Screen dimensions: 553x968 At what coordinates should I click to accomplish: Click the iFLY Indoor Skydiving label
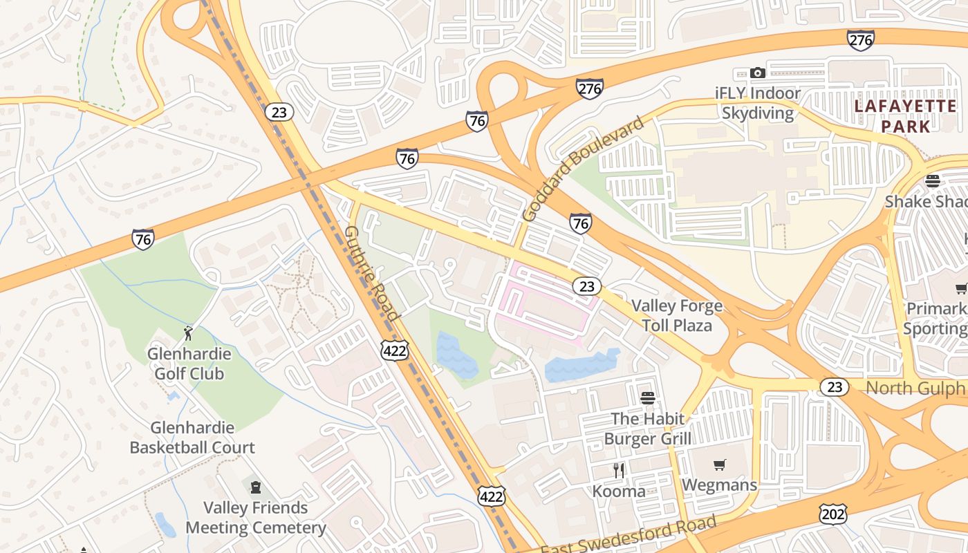coord(758,103)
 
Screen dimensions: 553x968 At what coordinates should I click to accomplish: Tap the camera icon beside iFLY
coord(758,73)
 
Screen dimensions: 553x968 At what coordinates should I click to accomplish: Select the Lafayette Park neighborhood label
coord(906,116)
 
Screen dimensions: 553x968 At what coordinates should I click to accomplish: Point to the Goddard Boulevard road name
coord(583,169)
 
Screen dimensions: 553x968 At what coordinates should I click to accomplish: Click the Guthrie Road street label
coord(372,273)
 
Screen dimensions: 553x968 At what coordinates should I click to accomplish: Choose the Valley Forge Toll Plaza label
coord(677,315)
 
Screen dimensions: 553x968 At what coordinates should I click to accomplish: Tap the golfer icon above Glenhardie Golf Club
coord(188,333)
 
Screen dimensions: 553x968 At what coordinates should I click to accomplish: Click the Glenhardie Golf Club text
coord(188,364)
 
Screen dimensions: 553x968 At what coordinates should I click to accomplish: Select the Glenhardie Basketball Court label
coord(192,438)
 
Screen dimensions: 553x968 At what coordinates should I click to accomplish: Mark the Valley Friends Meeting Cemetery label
coord(255,518)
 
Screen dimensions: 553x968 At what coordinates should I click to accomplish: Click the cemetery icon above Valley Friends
coord(255,487)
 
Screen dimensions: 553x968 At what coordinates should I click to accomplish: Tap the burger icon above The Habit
coord(648,398)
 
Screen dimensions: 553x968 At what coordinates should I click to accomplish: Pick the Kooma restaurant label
coord(619,491)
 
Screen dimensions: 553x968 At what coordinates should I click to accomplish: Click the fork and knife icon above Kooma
coord(619,471)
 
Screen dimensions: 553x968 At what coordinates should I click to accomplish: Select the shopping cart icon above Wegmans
coord(720,465)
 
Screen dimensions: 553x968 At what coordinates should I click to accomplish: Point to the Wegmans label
coord(720,485)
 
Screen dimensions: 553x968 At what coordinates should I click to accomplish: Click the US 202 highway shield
coord(832,514)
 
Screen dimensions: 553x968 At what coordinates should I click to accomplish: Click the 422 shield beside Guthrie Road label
coord(394,350)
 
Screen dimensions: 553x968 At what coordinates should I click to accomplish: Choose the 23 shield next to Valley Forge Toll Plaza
coord(586,286)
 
